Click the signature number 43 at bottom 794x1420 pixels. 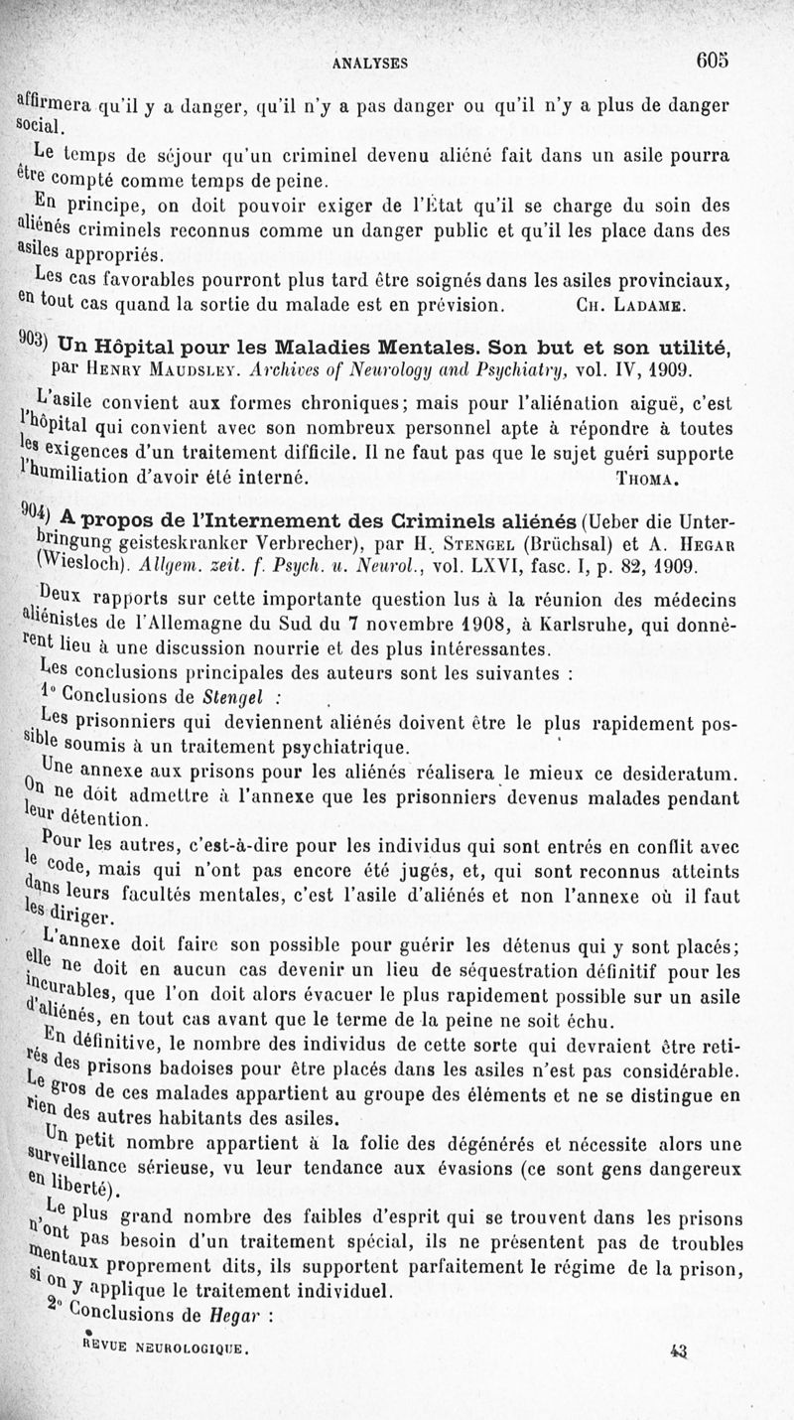coord(679,1349)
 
